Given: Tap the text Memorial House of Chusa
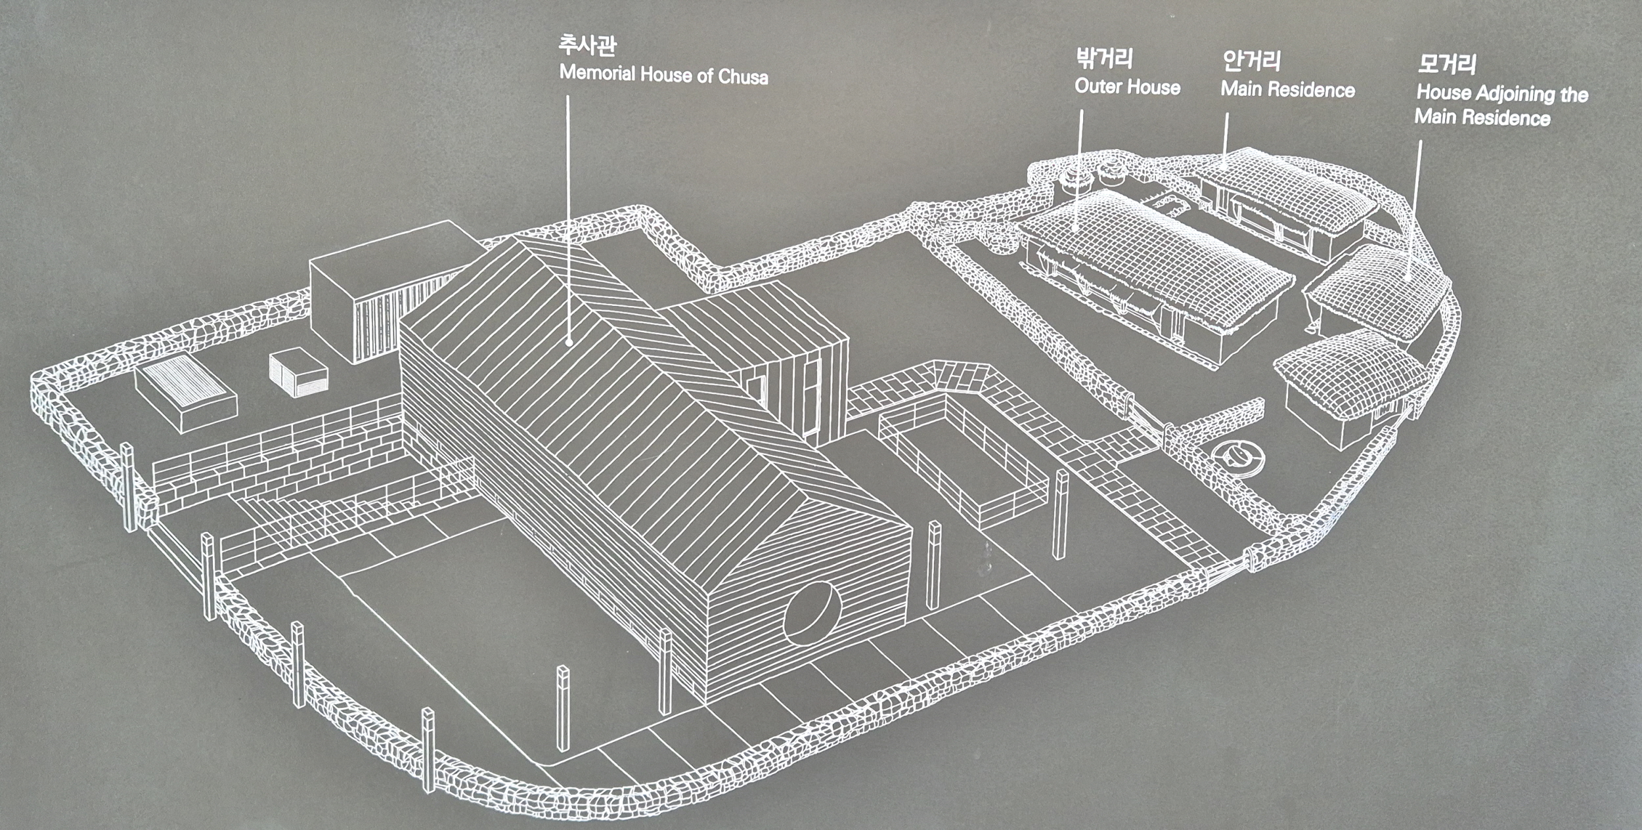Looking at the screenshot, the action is [663, 74].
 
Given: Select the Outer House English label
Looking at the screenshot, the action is [1127, 87].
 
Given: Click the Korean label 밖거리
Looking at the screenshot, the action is [1104, 58].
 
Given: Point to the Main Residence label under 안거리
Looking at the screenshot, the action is [1287, 89].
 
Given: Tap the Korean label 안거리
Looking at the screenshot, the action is [1251, 61].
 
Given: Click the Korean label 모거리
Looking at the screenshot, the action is [1447, 64].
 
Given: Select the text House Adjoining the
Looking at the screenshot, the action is [1502, 93].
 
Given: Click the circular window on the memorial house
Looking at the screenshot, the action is [812, 613].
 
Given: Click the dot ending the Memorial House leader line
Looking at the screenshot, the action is [569, 342].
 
